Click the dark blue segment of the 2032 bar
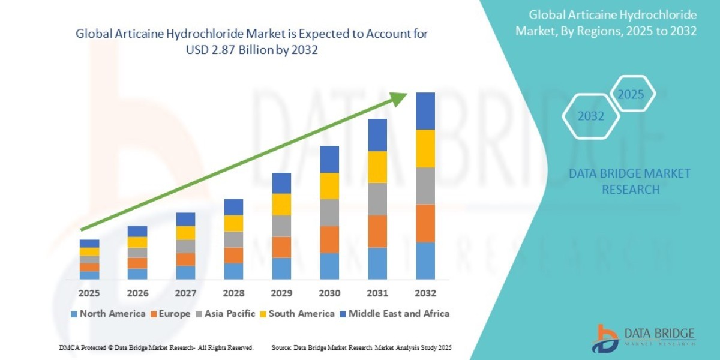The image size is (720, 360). [425, 111]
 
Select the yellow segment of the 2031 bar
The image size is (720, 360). [377, 167]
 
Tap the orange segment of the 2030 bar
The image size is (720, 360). [329, 239]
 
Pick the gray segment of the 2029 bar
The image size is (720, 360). [281, 226]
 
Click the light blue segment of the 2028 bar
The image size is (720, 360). [233, 271]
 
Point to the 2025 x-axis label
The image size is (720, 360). [89, 293]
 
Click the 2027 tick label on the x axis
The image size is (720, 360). [185, 293]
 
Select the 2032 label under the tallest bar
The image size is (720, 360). [425, 293]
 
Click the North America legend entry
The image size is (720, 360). [108, 313]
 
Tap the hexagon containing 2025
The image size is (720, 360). [631, 94]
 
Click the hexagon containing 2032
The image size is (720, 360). [591, 116]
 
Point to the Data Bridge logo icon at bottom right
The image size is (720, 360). [607, 338]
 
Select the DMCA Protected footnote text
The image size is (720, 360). [156, 348]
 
